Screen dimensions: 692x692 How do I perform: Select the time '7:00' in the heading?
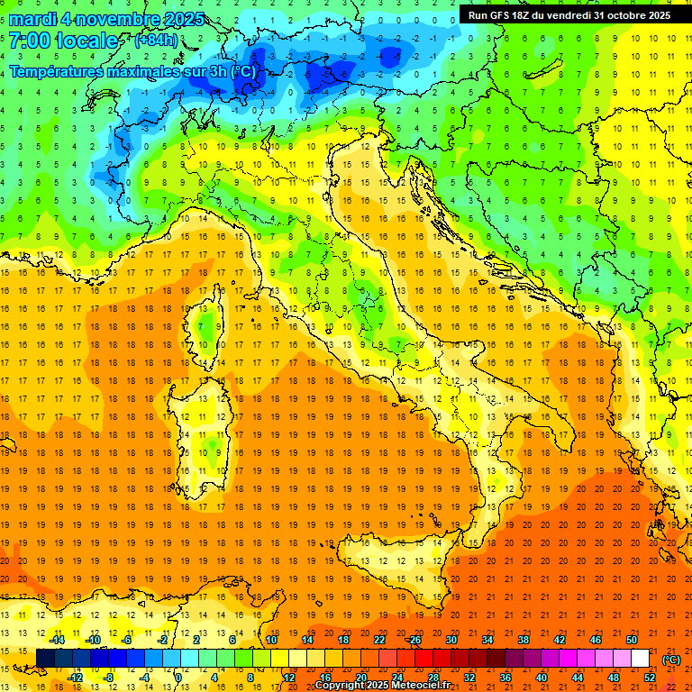coord(27,41)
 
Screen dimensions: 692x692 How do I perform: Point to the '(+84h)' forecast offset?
coord(156,41)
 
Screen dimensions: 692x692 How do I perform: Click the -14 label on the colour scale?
coord(57,640)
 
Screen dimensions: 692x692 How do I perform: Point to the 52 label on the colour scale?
coord(650,678)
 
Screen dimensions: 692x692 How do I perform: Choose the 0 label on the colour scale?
coord(178,678)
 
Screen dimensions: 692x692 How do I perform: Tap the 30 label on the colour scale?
coord(451,640)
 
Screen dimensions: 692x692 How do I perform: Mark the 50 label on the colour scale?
coord(632,640)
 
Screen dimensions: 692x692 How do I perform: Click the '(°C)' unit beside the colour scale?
coord(671,660)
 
